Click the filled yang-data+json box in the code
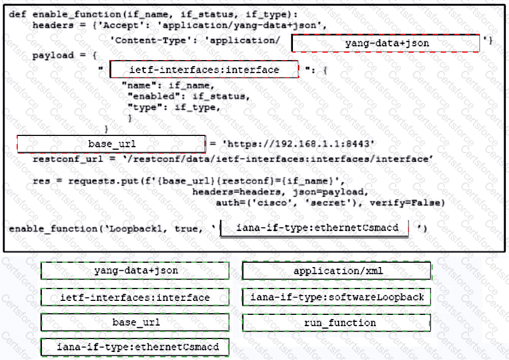(x=385, y=43)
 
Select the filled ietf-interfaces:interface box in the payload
(x=204, y=69)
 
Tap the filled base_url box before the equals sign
(x=112, y=144)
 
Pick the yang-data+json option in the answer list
(x=135, y=270)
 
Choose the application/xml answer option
(x=337, y=271)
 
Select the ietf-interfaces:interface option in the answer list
(x=135, y=297)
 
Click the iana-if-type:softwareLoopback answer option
(x=337, y=297)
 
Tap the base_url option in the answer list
(x=135, y=322)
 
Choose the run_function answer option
(x=337, y=323)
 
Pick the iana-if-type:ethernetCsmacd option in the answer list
(x=135, y=347)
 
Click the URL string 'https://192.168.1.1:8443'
(x=299, y=144)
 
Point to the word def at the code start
(x=18, y=15)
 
